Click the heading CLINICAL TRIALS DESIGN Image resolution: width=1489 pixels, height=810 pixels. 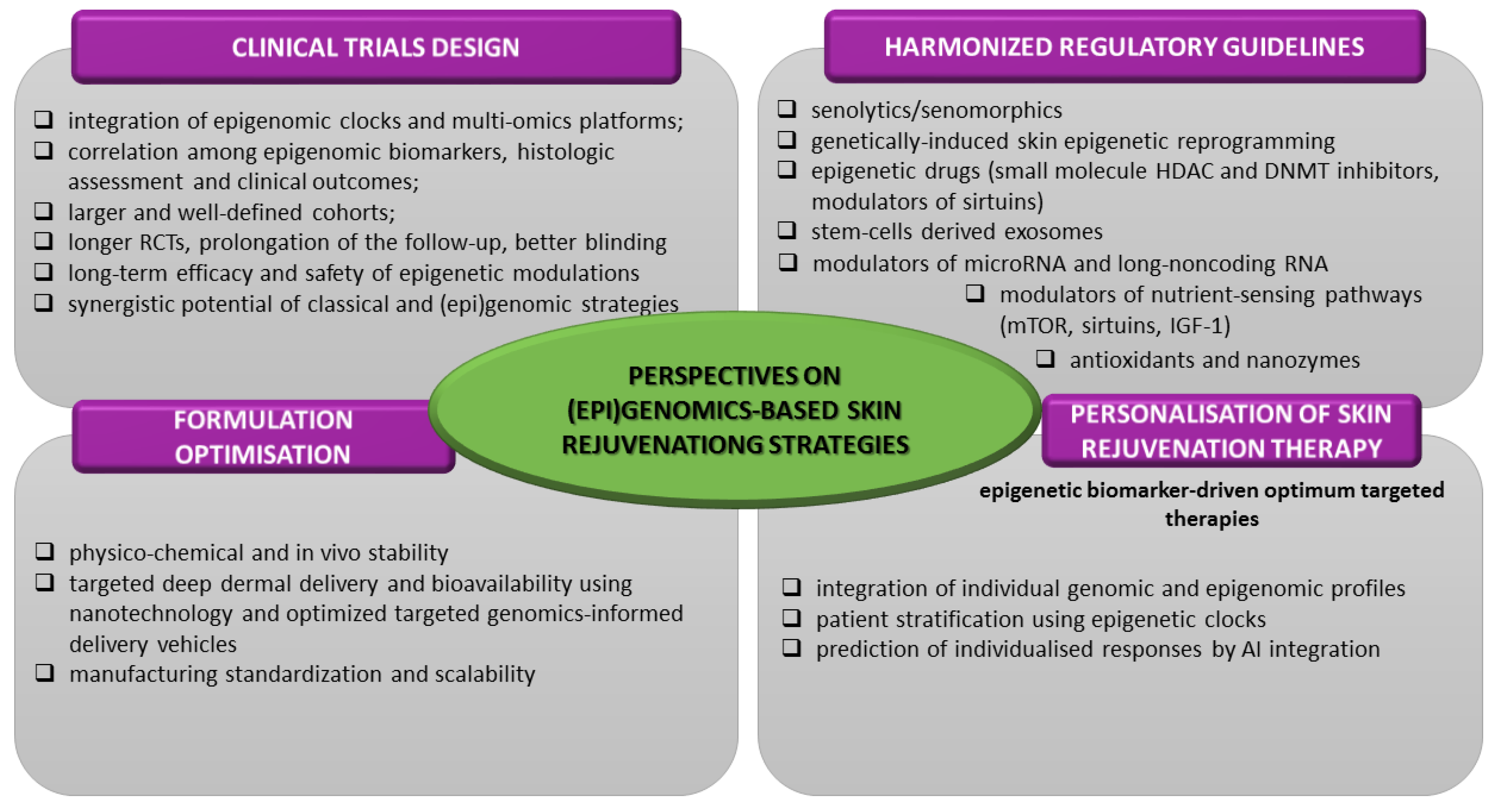point(376,47)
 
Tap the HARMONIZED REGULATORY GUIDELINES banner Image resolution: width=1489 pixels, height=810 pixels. point(1124,47)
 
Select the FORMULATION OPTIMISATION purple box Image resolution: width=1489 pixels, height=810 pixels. point(263,437)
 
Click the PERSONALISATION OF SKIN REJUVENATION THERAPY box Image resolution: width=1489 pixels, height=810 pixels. point(1231,431)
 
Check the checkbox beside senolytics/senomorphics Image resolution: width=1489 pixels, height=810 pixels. point(787,109)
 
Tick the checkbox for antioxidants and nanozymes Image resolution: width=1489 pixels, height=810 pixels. point(1045,359)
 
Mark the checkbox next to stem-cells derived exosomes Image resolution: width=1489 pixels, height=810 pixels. point(787,230)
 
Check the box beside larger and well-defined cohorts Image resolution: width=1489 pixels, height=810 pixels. point(44,211)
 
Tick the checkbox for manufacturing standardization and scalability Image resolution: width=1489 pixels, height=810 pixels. point(44,673)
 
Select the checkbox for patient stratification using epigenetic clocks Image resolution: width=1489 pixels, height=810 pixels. point(791,618)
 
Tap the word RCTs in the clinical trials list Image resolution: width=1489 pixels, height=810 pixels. point(165,242)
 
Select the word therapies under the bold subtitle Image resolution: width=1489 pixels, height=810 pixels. point(1211,518)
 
